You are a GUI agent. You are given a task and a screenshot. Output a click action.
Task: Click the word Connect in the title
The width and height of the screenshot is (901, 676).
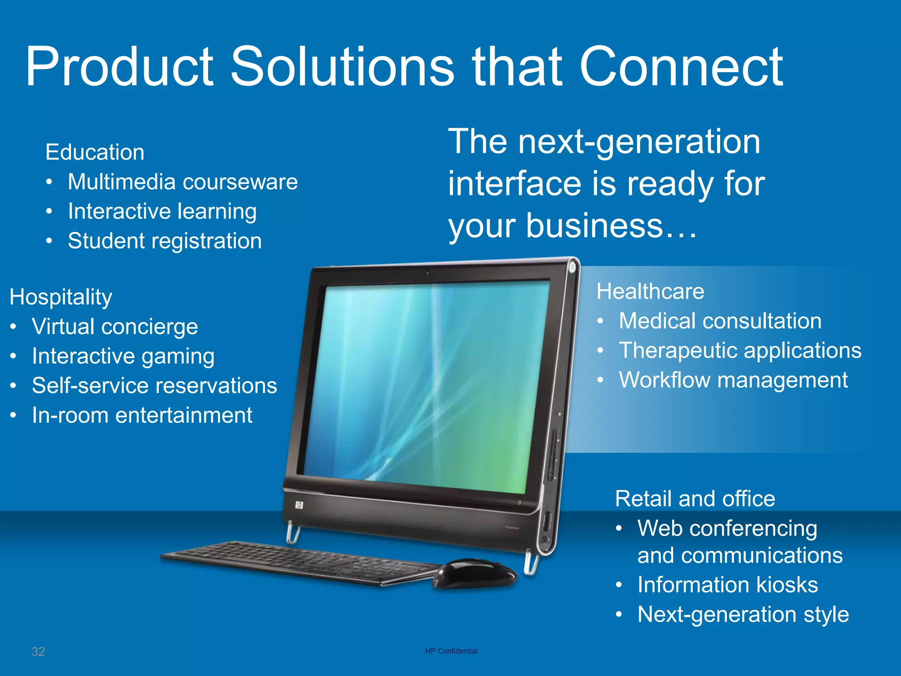click(681, 67)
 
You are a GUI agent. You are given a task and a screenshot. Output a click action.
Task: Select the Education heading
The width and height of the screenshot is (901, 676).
click(95, 152)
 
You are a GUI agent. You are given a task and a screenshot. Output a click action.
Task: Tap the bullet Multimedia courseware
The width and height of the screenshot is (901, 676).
click(183, 182)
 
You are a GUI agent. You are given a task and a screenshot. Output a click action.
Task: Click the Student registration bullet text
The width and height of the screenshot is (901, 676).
click(165, 241)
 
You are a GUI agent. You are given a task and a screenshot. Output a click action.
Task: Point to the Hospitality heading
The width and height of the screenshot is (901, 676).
click(61, 297)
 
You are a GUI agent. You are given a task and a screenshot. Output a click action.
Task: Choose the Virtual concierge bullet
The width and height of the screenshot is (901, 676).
click(115, 327)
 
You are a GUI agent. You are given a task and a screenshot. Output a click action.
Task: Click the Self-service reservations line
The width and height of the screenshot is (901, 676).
click(154, 386)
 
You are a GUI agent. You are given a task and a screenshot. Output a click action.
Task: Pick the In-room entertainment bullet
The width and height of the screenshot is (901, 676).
click(142, 415)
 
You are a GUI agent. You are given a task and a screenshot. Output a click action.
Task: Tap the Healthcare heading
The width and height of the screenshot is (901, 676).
click(650, 291)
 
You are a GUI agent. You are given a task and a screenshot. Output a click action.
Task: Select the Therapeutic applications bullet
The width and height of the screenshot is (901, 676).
click(740, 351)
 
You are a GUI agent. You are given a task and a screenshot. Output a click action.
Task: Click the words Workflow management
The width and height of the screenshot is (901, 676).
click(733, 380)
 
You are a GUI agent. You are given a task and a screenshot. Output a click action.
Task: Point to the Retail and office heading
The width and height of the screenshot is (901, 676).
click(695, 499)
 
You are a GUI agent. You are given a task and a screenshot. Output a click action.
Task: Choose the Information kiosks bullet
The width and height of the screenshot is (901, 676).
click(727, 585)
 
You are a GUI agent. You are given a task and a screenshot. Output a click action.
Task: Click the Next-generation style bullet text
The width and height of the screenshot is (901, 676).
click(743, 614)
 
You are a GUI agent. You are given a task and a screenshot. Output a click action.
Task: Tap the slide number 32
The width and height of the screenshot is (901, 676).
click(38, 651)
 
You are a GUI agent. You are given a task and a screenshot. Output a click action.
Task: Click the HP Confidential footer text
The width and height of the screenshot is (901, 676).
click(451, 651)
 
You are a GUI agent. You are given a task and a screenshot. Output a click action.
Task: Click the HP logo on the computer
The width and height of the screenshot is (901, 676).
click(299, 505)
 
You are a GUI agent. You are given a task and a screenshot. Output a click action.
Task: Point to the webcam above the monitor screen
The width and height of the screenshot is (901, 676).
click(427, 273)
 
